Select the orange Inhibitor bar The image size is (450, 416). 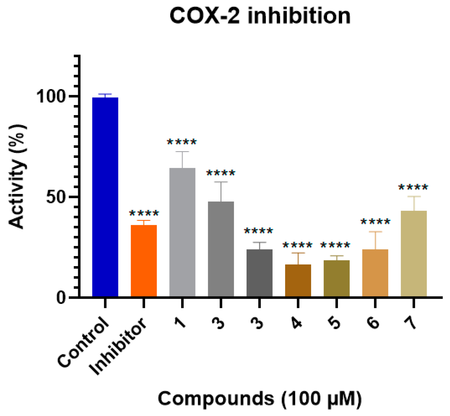(x=144, y=261)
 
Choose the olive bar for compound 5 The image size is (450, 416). (x=336, y=278)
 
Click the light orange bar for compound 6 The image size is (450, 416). (x=375, y=273)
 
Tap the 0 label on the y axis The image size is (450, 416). (x=61, y=298)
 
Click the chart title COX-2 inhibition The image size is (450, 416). (x=260, y=16)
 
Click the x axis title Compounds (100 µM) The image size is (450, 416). (x=260, y=399)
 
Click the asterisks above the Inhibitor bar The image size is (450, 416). (x=144, y=213)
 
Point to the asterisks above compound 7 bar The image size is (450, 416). (x=413, y=187)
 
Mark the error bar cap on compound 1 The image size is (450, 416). (x=182, y=152)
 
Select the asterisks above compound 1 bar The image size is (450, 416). (x=182, y=142)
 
